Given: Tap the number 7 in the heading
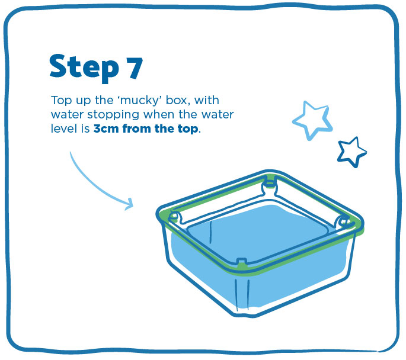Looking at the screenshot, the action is point(135,67).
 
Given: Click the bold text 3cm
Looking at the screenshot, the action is point(106,128).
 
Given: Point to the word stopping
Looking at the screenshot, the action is point(113,115).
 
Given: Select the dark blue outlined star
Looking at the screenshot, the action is point(352,152).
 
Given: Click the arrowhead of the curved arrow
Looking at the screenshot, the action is point(129,204).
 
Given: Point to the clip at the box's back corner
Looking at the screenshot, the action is point(270,183).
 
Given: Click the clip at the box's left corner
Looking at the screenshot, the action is point(175,217).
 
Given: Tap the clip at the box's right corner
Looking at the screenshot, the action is point(344,223).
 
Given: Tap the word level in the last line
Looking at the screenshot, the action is point(61,128).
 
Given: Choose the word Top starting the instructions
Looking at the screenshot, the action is point(62,101).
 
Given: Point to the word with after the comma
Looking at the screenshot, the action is point(206,100).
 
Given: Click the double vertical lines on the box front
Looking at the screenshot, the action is point(242,295).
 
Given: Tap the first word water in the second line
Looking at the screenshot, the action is point(68,115).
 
